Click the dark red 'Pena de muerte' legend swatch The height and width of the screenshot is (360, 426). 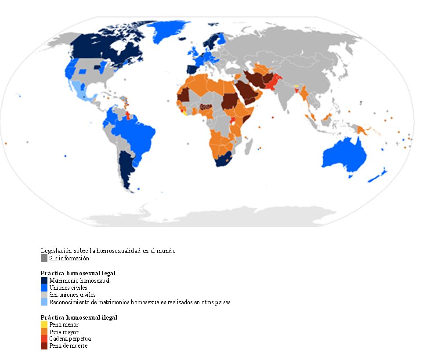point(44,346)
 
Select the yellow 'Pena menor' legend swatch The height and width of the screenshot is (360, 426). point(44,325)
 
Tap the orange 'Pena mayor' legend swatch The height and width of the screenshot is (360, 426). point(44,332)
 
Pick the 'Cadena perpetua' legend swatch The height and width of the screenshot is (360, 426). point(44,339)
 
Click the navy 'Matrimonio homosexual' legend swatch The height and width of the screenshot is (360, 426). point(44,281)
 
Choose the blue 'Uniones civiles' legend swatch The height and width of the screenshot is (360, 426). point(44,288)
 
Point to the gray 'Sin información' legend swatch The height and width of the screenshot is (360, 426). point(44,258)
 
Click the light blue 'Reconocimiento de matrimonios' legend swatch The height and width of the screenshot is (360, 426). point(44,302)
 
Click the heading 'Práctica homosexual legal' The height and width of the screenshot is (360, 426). point(78,273)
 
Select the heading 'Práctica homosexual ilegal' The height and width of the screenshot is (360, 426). point(79,317)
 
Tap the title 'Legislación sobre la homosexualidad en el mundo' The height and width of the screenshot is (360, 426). point(108,251)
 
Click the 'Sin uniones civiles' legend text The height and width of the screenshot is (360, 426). point(72,295)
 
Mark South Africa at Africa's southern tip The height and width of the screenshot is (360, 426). point(225,161)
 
